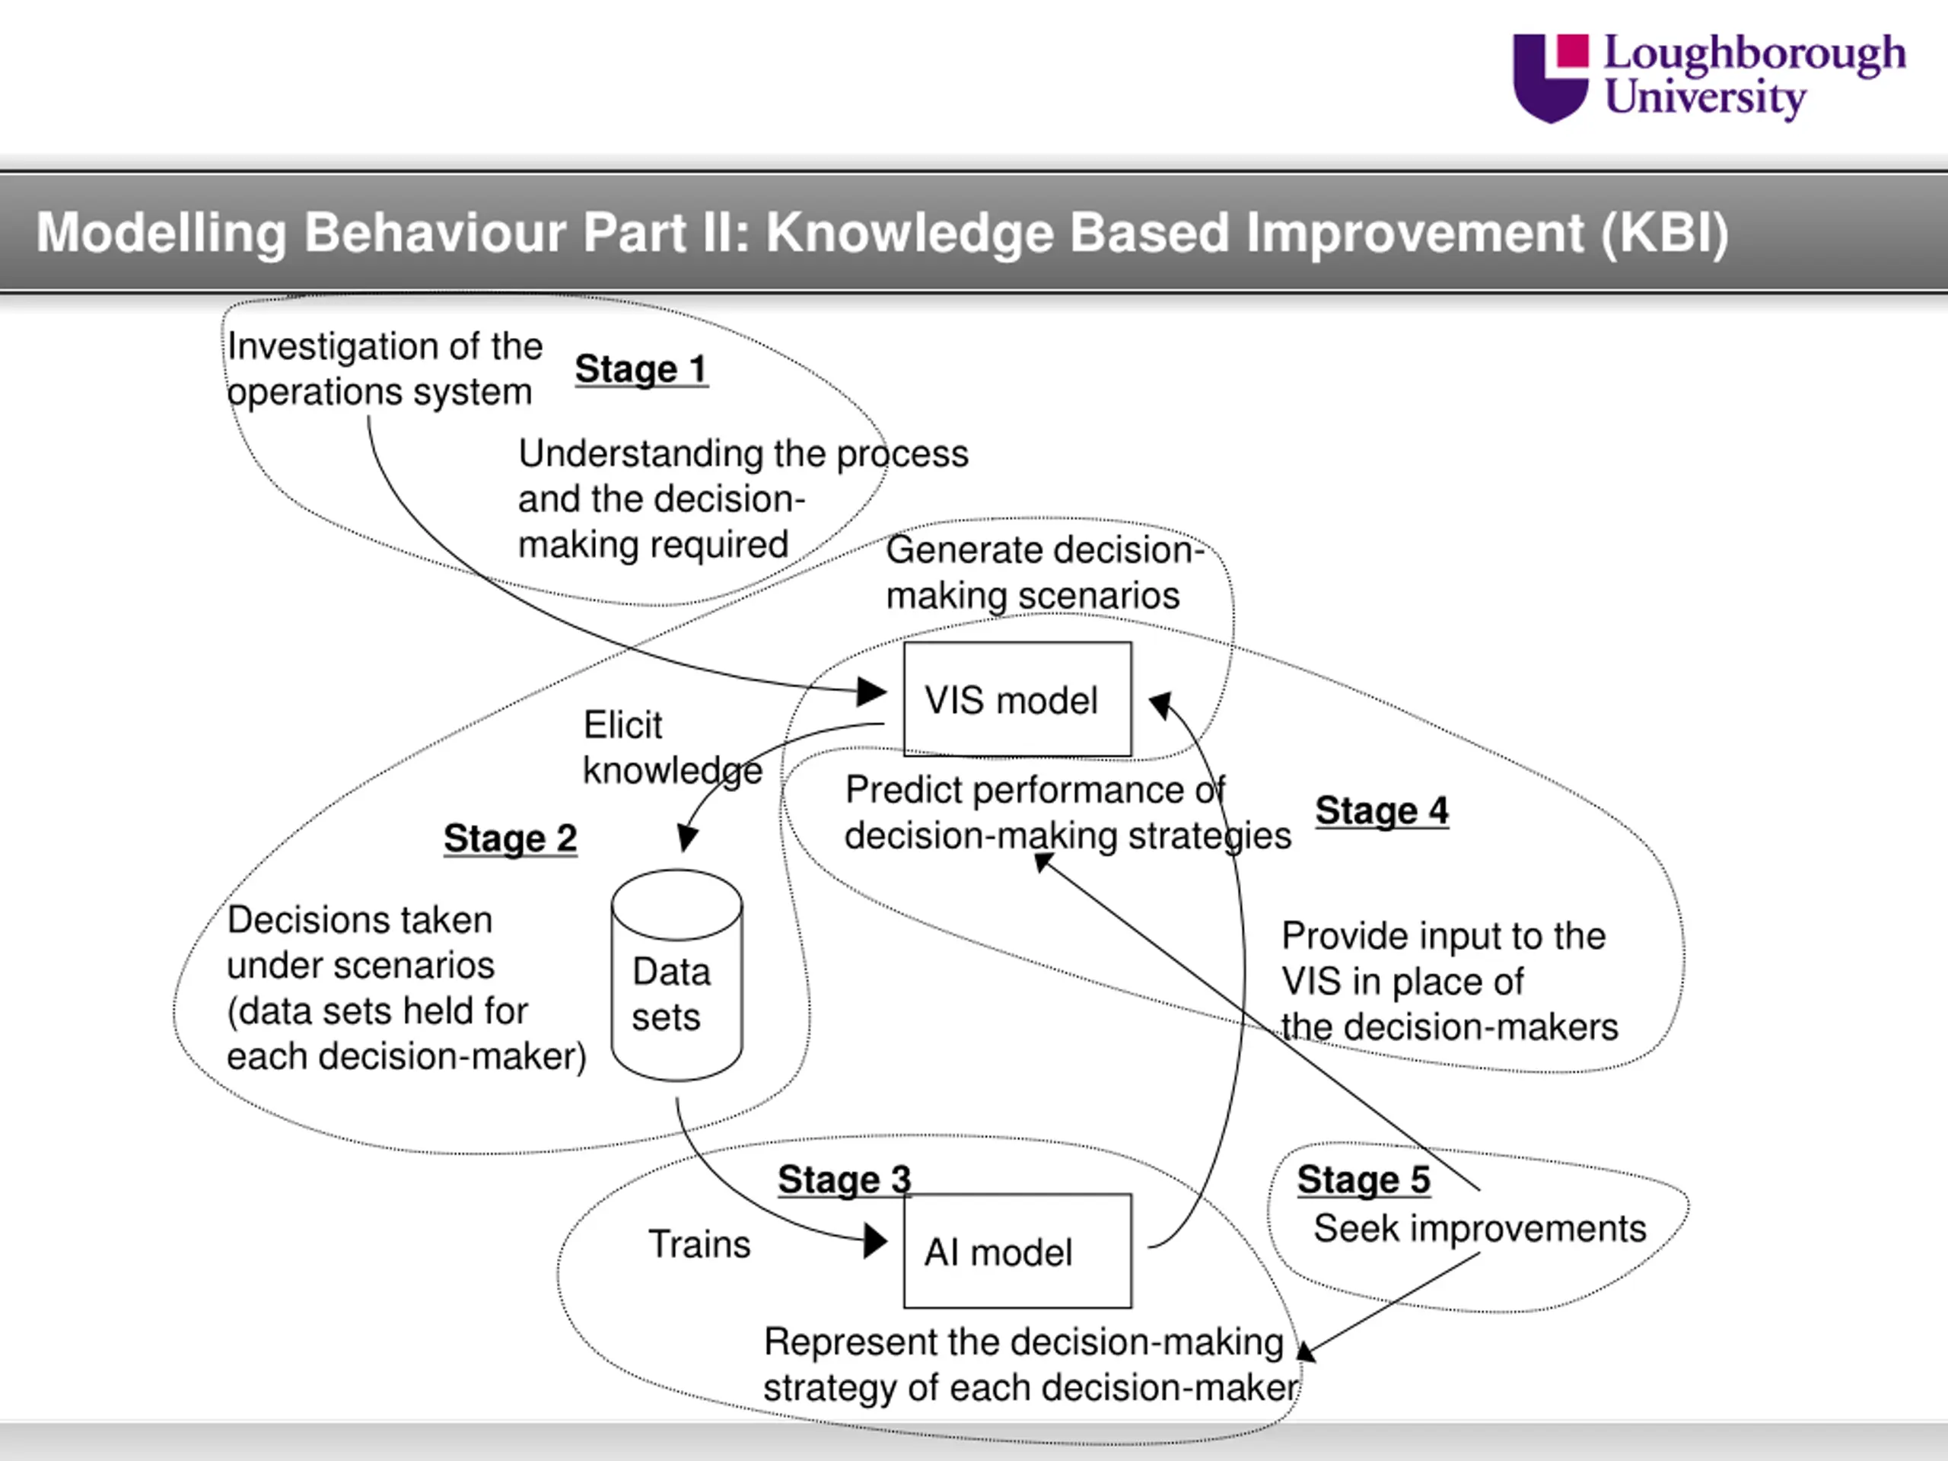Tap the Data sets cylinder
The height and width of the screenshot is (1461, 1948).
click(x=676, y=975)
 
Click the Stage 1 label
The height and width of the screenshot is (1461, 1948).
click(x=641, y=369)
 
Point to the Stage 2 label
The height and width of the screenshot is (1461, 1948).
click(x=510, y=839)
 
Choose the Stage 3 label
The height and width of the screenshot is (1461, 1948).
click(x=844, y=1179)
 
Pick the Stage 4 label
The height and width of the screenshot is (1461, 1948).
click(x=1382, y=810)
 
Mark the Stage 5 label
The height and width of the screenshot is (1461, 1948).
click(x=1364, y=1179)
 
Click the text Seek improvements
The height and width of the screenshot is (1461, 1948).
click(x=1479, y=1228)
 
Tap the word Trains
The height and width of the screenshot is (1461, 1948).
click(x=699, y=1244)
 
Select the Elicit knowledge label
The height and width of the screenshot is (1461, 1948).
click(x=672, y=748)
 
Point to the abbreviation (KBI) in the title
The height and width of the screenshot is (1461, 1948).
click(x=1664, y=234)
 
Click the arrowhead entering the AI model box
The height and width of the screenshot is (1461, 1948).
click(x=875, y=1241)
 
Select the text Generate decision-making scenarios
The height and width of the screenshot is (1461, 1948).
click(x=1045, y=572)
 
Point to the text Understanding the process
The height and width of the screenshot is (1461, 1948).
click(x=743, y=454)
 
